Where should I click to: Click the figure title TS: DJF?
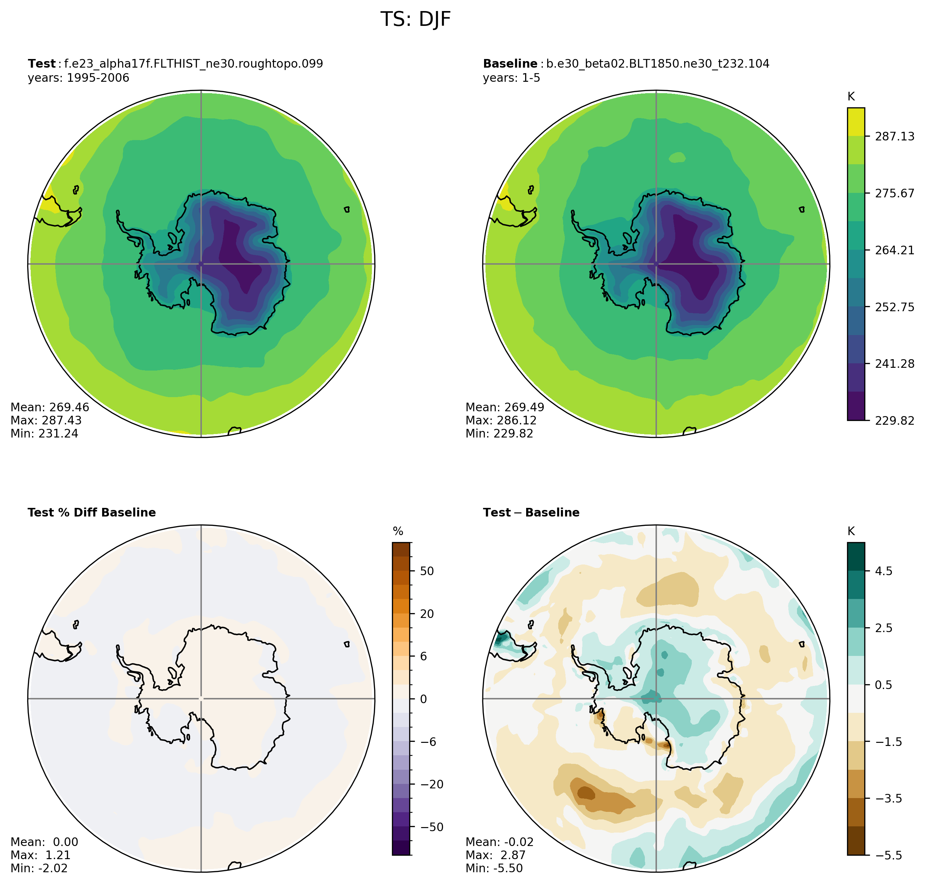click(415, 19)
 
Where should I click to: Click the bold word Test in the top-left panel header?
click(41, 64)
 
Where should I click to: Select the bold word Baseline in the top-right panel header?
click(510, 64)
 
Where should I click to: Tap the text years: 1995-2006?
click(78, 78)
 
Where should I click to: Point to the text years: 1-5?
click(511, 78)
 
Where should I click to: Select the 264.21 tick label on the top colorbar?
click(894, 250)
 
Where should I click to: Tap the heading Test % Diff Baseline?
click(91, 513)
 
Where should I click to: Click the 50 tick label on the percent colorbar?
click(426, 571)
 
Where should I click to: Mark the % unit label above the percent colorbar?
click(398, 532)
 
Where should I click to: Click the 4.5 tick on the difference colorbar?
click(884, 571)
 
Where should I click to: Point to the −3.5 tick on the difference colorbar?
click(889, 799)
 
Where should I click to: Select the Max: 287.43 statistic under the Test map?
click(46, 420)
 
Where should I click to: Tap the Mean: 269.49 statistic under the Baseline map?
click(505, 407)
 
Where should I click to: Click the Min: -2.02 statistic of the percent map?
click(39, 868)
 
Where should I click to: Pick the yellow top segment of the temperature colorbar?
click(856, 122)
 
